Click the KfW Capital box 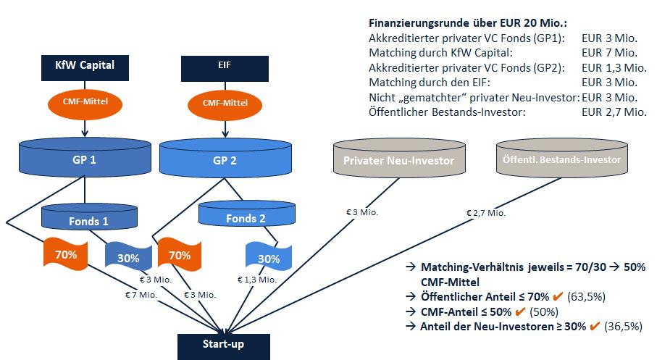86,69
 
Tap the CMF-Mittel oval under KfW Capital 86,102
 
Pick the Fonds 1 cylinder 85,219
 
